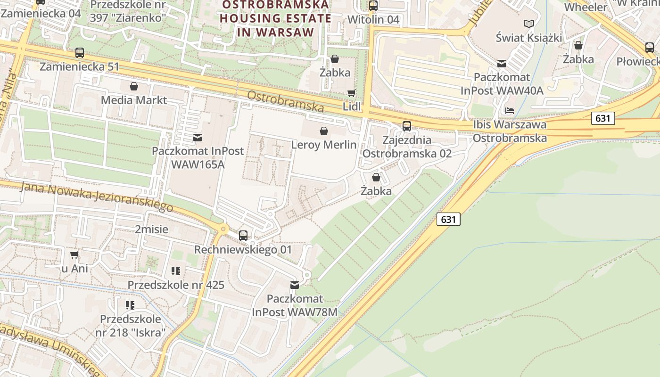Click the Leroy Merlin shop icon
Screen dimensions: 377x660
pos(324,131)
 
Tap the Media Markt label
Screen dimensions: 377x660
pos(134,100)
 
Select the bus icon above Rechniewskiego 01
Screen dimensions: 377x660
pos(243,235)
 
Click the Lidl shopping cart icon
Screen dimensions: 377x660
pos(351,93)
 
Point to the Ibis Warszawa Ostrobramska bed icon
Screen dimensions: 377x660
pos(510,111)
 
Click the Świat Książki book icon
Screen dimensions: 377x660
pos(529,23)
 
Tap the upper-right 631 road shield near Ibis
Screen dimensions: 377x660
pos(603,118)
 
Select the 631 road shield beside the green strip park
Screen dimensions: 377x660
pos(448,219)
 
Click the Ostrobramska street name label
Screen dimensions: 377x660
pos(286,101)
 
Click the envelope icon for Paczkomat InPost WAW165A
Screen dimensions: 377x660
pos(198,137)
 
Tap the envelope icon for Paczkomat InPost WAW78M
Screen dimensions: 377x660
pos(295,285)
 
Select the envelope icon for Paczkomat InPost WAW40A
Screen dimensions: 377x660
pos(502,63)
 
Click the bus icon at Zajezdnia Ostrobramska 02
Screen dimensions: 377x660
pos(406,126)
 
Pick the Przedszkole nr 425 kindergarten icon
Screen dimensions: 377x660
pos(176,271)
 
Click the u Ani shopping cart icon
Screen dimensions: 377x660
pos(74,255)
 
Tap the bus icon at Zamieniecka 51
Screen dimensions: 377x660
pos(80,53)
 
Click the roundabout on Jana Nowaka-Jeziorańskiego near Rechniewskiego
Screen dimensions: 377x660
pos(223,229)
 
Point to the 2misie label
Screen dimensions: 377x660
pos(151,229)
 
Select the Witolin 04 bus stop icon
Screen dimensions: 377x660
pos(373,6)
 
